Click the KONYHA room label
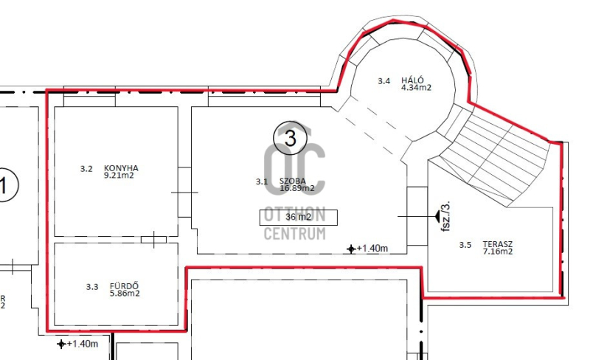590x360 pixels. (121, 168)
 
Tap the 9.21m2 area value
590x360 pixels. (119, 176)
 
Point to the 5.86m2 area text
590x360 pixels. (125, 294)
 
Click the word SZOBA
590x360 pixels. (292, 181)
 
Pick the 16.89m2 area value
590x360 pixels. (297, 188)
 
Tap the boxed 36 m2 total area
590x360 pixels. (299, 218)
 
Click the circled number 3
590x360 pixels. (290, 138)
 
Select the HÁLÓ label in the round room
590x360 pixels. (412, 80)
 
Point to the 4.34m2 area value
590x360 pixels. (416, 88)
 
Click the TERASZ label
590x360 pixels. (497, 244)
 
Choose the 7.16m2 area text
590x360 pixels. (497, 252)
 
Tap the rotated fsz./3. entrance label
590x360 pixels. (445, 217)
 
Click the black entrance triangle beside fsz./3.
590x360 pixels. (437, 216)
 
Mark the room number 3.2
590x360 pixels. (86, 169)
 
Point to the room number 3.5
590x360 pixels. (465, 245)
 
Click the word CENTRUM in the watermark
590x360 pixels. (294, 234)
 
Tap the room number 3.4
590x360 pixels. (383, 81)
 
